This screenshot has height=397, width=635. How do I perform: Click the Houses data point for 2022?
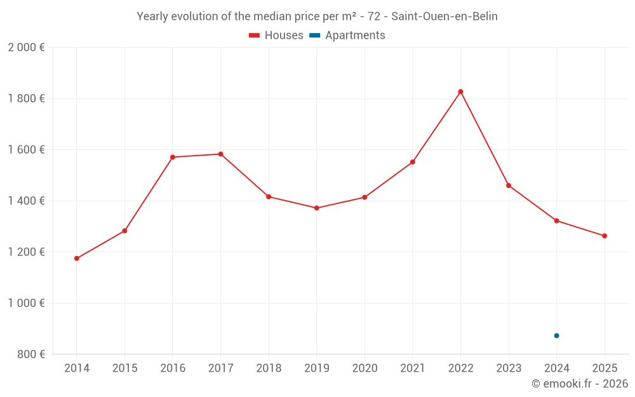[x=460, y=91]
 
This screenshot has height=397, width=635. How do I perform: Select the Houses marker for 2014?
[x=76, y=259]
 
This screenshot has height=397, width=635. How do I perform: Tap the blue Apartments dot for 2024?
[x=556, y=335]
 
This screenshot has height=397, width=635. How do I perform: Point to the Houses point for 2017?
[x=220, y=154]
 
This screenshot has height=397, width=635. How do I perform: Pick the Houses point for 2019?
[x=316, y=208]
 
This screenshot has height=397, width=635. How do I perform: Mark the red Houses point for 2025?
[x=605, y=236]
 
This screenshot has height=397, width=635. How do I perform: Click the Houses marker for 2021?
[x=412, y=162]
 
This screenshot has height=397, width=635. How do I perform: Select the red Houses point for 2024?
[x=556, y=220]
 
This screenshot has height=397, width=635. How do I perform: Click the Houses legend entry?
[x=276, y=36]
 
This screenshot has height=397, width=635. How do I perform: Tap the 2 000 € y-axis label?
[x=26, y=47]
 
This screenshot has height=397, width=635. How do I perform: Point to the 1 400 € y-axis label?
[x=26, y=201]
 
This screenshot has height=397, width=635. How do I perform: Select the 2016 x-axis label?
[x=172, y=368]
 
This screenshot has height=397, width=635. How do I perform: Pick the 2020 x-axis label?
[x=364, y=368]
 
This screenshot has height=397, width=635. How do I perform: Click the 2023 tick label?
[x=508, y=368]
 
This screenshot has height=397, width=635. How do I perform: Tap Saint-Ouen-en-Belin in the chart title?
[x=444, y=17]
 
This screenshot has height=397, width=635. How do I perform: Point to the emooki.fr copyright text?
[x=580, y=384]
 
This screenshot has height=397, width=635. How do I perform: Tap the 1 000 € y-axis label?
[x=26, y=303]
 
